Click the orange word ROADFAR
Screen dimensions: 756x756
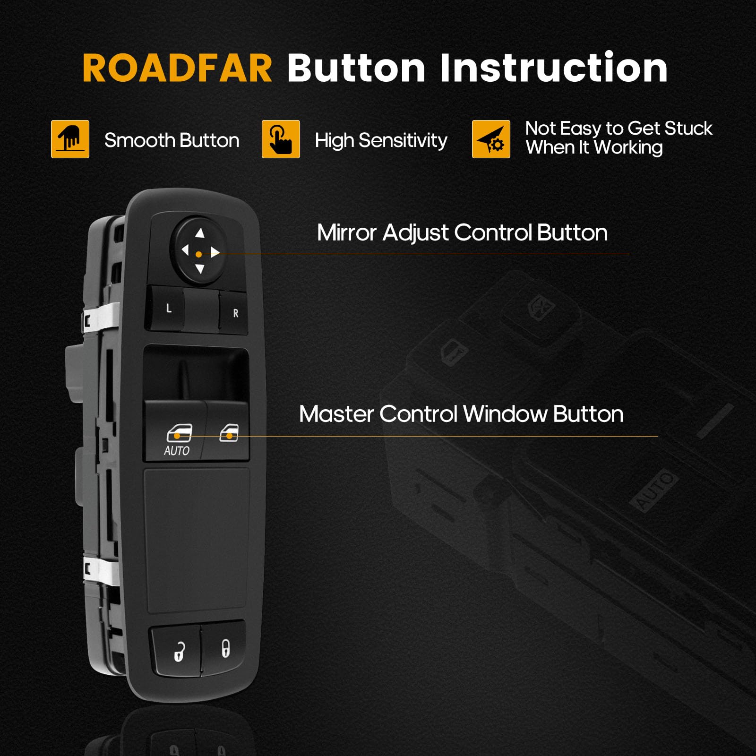[x=177, y=69]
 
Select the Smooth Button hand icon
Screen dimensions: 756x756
[x=70, y=139]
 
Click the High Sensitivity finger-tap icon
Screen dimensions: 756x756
[x=281, y=139]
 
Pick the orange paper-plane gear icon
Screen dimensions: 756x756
[x=491, y=139]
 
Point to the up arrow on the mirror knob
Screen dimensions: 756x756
[x=200, y=233]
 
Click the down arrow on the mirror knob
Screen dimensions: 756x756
[x=200, y=269]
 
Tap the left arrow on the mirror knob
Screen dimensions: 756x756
[x=185, y=250]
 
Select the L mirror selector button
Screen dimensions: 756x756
[x=168, y=309]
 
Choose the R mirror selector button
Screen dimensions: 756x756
[x=235, y=313]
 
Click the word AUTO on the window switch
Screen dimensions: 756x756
[x=177, y=451]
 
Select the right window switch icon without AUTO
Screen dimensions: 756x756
[x=229, y=433]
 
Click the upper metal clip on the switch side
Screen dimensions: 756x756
[x=101, y=316]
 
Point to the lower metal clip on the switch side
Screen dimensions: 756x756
[x=101, y=570]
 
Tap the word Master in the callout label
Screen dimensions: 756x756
[x=336, y=414]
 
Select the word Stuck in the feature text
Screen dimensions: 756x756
[x=688, y=129]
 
